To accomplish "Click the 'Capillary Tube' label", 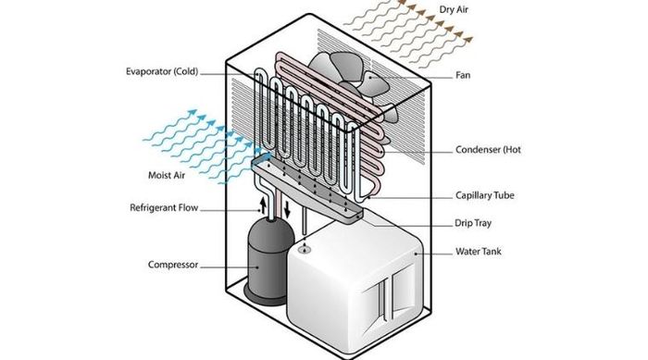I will coord(485,195).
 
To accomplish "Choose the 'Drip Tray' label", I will coord(473,223).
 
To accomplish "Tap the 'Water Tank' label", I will coord(479,251).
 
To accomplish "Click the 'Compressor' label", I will coord(173,265).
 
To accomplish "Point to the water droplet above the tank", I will coord(305,245).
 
